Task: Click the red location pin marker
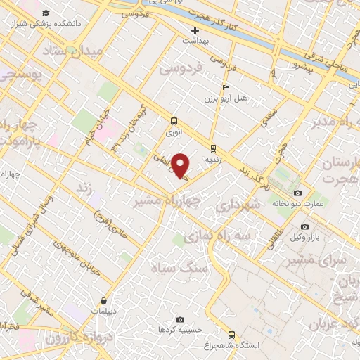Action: coord(181,166)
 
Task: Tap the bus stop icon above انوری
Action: coord(173,121)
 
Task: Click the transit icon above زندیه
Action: coord(213,148)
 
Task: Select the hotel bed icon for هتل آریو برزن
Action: coord(226,88)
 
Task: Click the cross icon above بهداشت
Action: coord(195,31)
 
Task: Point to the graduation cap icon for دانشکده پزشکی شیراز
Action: coord(46,13)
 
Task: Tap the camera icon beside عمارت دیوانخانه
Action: coord(297,193)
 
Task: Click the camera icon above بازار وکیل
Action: coord(304,226)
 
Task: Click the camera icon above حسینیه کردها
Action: coord(180,319)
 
